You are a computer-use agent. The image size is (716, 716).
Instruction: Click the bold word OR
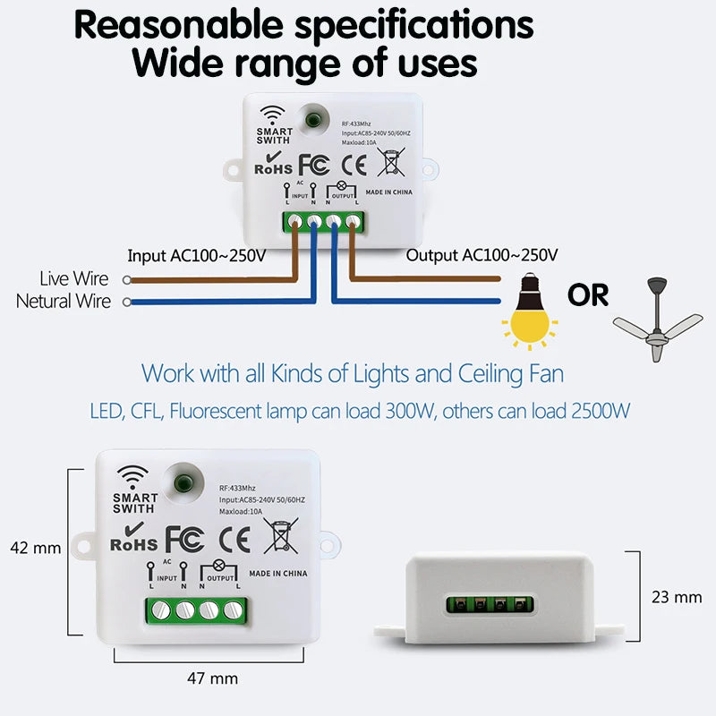click(x=587, y=294)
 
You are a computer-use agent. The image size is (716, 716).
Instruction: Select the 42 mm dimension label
click(x=34, y=548)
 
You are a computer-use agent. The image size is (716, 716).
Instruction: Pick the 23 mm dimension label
click(x=677, y=596)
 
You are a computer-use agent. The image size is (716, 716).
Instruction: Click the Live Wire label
click(x=74, y=280)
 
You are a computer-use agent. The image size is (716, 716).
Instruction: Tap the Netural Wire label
click(x=64, y=302)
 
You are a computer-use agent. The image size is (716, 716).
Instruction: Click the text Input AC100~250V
click(x=197, y=256)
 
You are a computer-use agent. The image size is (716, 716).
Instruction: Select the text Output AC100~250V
click(x=482, y=256)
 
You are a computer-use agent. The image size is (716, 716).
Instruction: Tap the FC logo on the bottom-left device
click(x=185, y=539)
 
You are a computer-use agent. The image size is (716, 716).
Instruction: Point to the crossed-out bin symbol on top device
click(x=389, y=162)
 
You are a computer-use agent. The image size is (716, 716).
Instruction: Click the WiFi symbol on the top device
click(x=272, y=115)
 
